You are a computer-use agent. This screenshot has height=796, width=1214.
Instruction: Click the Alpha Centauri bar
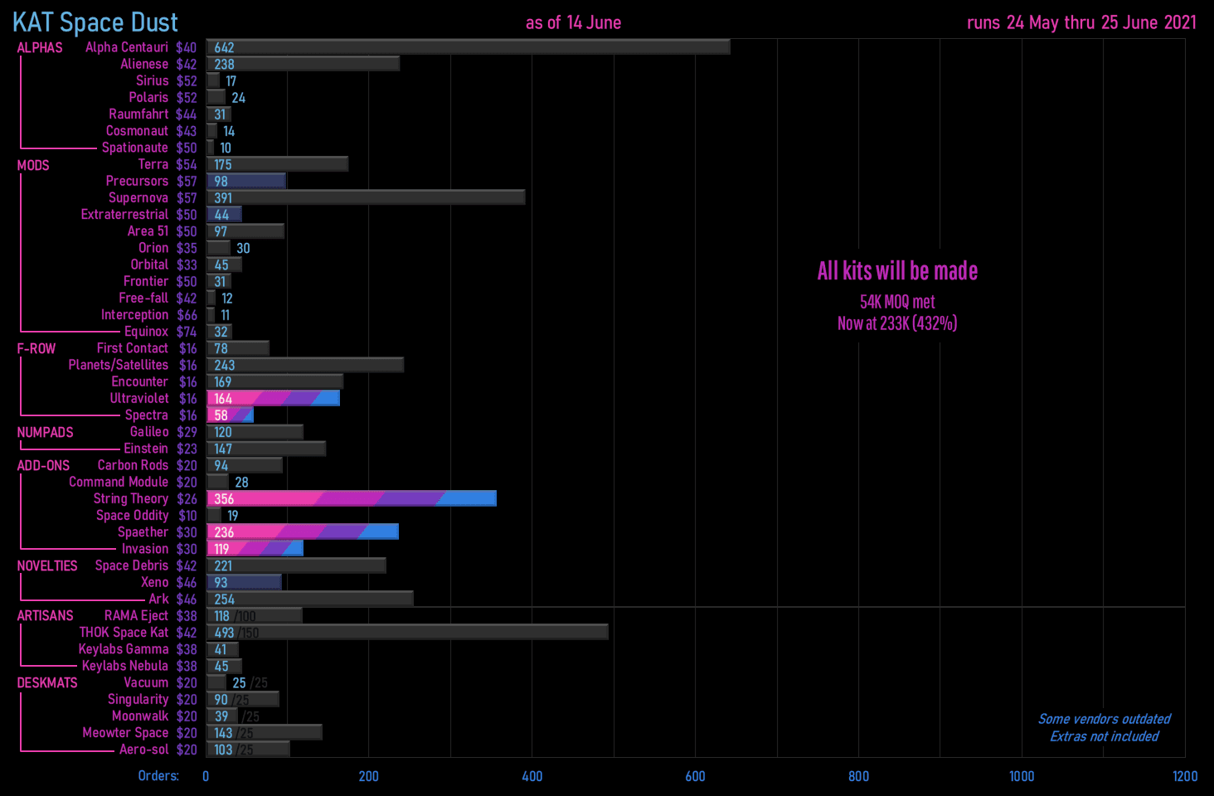469,47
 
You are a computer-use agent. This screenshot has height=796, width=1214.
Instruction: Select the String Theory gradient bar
352,498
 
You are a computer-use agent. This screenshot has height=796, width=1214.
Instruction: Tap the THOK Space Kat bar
407,633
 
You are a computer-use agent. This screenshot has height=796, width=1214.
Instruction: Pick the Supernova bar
366,197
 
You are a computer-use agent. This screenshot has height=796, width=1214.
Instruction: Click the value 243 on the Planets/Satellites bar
224,365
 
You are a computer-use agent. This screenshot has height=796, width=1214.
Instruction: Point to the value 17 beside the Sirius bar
231,81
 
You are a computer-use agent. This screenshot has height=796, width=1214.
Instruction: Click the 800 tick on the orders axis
858,776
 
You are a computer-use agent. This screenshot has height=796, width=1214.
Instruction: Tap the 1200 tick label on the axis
1184,776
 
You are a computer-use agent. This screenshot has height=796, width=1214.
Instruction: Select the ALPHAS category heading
40,48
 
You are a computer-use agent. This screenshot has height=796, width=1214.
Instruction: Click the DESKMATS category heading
47,683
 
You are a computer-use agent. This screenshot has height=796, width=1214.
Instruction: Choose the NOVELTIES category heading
47,565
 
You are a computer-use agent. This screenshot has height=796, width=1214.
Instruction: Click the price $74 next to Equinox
187,332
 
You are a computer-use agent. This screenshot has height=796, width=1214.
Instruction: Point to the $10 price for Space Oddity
187,516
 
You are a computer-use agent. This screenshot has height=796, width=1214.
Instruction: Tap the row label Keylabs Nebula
124,666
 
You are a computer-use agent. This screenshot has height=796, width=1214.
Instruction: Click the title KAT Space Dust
95,22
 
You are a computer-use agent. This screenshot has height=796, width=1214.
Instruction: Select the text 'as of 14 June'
573,22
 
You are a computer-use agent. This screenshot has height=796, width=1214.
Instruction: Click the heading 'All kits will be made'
897,271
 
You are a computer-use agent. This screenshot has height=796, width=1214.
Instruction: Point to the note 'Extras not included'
1105,736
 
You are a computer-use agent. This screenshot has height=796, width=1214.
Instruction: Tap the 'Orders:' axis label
158,776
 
